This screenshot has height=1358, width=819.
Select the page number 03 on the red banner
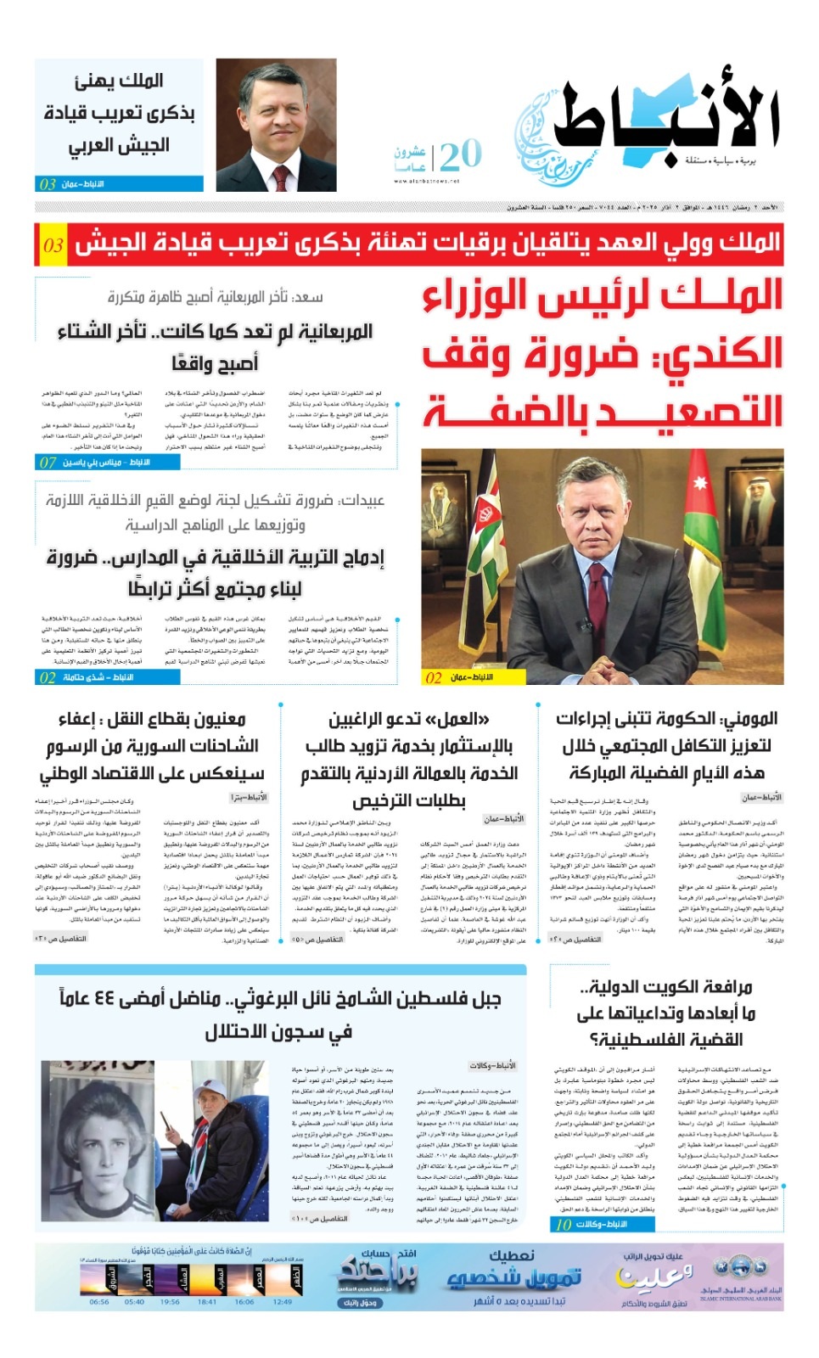(x=53, y=245)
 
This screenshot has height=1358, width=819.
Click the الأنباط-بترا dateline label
(x=249, y=797)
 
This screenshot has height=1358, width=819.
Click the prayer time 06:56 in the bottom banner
(x=99, y=1301)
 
